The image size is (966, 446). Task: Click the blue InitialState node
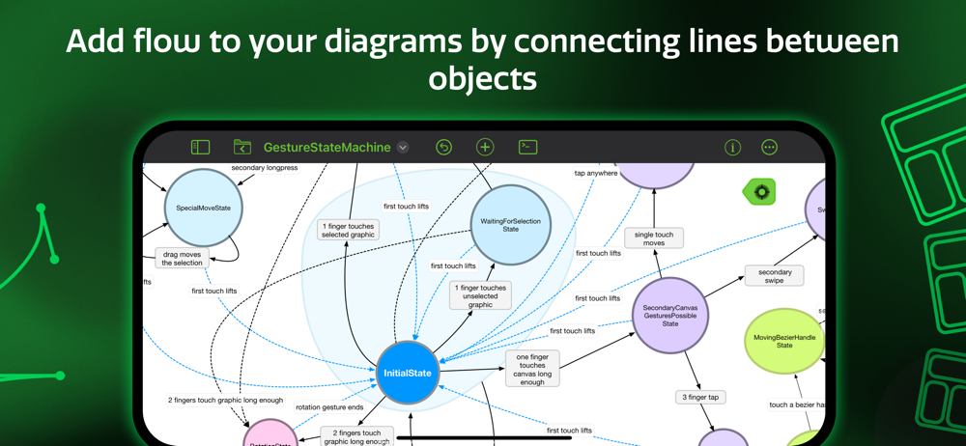pos(408,373)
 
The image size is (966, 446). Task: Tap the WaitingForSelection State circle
pos(510,225)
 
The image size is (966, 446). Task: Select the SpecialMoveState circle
pos(203,208)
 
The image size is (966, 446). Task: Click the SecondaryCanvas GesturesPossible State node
pos(670,316)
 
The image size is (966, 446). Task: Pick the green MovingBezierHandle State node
pos(784,341)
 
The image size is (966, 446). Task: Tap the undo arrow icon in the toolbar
pos(443,148)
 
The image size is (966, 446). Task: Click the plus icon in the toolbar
pos(485,148)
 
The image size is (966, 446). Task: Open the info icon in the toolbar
pos(732,148)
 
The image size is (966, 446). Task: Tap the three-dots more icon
pos(769,148)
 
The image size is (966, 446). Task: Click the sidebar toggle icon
pos(201,148)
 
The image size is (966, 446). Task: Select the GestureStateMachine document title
pos(327,148)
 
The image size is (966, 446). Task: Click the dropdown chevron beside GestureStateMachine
pos(403,148)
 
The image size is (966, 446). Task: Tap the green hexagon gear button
pos(761,192)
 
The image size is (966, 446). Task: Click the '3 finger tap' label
pos(700,397)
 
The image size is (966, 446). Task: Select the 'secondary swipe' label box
pos(775,276)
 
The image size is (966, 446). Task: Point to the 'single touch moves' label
pos(654,238)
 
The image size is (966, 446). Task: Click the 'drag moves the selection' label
pos(182,259)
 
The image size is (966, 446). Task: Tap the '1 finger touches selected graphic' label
pos(349,230)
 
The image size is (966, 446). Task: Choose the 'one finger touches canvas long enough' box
pos(532,369)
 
